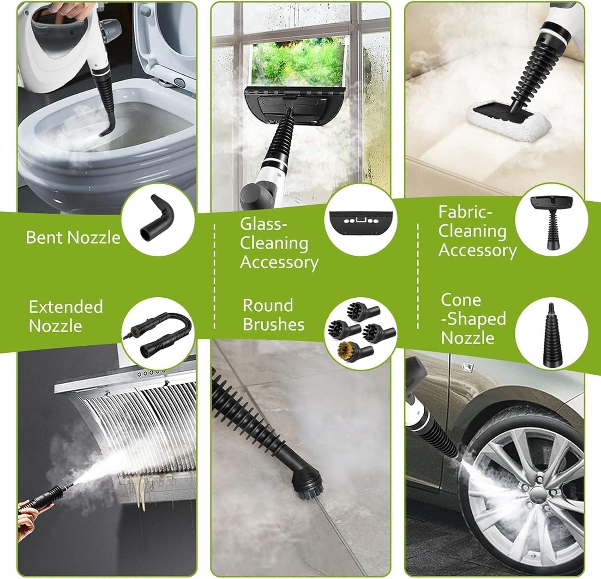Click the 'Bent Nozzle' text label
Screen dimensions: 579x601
73,237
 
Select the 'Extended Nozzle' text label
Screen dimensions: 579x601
66,316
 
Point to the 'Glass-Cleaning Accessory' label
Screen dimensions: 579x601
279,243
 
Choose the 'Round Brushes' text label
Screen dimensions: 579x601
273,315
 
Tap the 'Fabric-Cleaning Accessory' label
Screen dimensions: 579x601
477,231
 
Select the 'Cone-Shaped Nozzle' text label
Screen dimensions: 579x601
473,319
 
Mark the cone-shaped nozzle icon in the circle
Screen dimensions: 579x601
551,335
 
